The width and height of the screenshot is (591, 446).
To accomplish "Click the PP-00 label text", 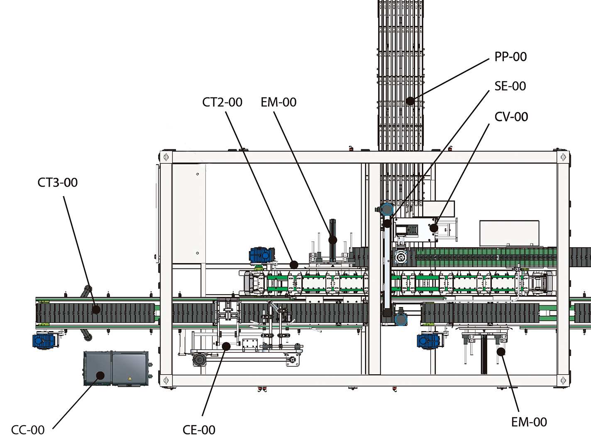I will (510, 57).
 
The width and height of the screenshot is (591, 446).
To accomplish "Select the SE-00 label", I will (510, 86).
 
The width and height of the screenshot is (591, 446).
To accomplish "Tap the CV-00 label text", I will (511, 117).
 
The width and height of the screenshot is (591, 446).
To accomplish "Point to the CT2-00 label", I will (222, 102).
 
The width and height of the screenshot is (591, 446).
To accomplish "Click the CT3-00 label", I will (58, 183).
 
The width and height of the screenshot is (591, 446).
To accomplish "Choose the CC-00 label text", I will (28, 430).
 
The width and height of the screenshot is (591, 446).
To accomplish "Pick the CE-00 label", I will (199, 430).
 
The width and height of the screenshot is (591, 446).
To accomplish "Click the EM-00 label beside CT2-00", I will (278, 102).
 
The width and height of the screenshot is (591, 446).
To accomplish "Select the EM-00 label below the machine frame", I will (529, 422).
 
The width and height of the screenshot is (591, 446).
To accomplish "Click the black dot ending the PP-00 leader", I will (410, 101).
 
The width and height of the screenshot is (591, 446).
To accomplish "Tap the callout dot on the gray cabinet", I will (100, 375).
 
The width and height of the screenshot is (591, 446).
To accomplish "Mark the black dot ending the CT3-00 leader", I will (96, 309).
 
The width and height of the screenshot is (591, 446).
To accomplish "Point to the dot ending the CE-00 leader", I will (226, 346).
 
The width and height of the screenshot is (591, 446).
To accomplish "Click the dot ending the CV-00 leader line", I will (434, 228).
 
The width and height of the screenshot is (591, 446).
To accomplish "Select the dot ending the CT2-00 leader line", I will (294, 264).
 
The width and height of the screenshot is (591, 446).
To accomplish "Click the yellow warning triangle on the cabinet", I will (130, 378).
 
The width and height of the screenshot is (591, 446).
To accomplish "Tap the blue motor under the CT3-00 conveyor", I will (44, 341).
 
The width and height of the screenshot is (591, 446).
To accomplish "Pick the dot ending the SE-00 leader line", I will (387, 224).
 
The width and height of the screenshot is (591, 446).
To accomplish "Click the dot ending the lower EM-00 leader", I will (501, 352).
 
